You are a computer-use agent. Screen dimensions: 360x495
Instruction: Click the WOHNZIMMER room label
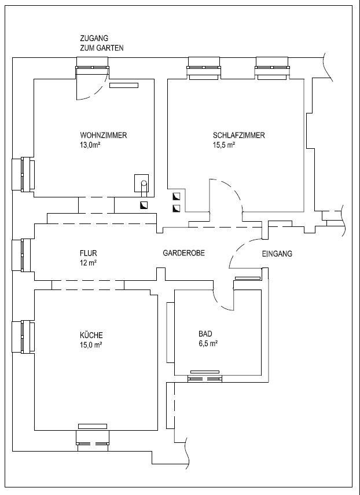104,135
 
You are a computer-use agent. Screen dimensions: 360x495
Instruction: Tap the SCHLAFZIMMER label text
239,135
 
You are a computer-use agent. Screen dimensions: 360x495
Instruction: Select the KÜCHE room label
91,335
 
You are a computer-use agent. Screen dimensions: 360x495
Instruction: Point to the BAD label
205,333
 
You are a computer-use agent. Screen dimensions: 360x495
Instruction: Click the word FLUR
89,253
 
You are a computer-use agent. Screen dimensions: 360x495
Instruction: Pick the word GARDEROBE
183,253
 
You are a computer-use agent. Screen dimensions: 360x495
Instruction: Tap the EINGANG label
277,254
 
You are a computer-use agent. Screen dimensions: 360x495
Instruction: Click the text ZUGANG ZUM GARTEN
102,43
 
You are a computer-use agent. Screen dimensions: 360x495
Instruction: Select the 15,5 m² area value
225,145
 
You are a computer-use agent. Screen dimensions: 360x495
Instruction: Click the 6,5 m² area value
208,343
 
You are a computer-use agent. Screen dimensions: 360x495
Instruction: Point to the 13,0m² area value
90,145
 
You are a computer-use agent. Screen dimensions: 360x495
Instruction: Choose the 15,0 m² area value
91,345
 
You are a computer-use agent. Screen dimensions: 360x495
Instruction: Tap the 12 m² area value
89,263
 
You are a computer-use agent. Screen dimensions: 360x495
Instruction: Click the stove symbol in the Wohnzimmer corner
142,183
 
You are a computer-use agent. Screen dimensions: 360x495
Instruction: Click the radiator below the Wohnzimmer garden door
124,85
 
